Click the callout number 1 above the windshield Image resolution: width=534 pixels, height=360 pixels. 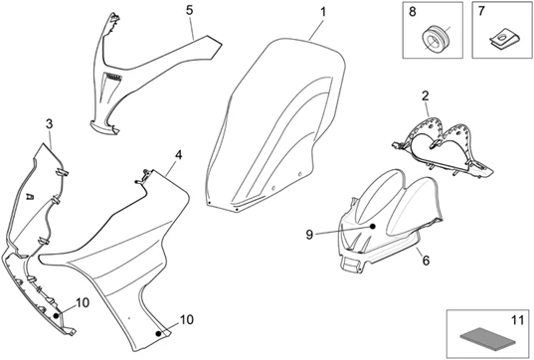[323, 12]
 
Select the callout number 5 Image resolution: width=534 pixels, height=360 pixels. [190, 10]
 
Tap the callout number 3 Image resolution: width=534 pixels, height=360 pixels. [50, 124]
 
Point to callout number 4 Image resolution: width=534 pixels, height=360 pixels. [178, 155]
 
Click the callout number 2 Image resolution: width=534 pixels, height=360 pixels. [425, 96]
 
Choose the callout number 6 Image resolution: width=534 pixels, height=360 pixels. [426, 261]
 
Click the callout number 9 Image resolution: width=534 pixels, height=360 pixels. [309, 235]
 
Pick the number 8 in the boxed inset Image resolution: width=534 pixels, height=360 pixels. [412, 12]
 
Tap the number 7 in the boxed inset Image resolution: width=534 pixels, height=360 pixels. [481, 11]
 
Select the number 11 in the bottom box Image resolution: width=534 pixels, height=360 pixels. [517, 320]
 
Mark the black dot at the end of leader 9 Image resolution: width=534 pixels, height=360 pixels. [373, 226]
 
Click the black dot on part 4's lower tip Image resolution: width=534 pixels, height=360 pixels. [158, 333]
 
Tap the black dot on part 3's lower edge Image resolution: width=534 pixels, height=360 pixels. [56, 315]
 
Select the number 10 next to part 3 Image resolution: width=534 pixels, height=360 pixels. [83, 302]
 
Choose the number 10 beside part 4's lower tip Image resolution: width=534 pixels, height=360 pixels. [187, 320]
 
